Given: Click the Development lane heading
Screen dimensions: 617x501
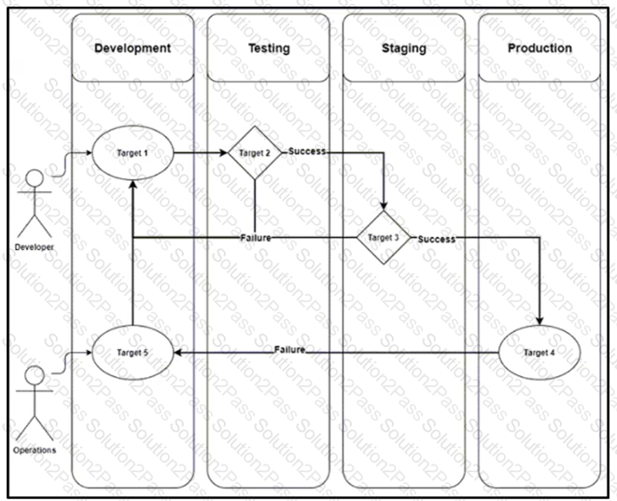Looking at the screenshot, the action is coord(133,48).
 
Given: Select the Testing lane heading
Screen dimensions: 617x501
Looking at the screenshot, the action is coord(269,48).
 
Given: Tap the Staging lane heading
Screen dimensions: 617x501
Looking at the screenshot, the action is coord(404,48).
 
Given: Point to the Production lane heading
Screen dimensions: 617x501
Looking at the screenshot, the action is coord(540,48).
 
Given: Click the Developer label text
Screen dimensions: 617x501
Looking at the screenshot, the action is coord(35,247).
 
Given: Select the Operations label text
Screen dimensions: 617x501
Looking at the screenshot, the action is coord(35,450).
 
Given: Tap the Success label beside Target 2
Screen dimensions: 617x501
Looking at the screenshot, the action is coord(307,151).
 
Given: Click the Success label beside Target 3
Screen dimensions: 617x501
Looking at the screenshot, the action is coord(437,239).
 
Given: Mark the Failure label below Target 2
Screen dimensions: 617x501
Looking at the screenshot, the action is coord(256,238).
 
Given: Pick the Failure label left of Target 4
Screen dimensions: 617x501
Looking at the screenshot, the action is coord(289,350).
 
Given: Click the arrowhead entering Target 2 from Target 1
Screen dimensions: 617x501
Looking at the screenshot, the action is coord(223,153).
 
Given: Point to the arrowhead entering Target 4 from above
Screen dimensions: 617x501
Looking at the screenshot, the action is coord(540,321).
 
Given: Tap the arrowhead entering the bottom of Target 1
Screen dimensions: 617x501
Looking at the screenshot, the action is coord(133,186).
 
